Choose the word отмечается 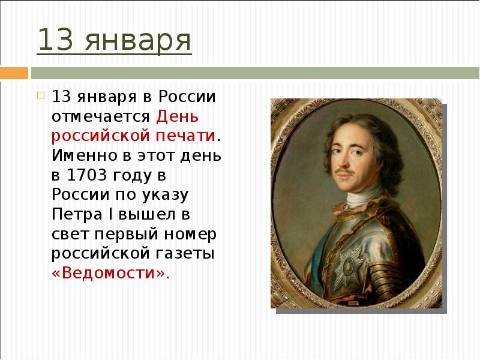pyautogui.click(x=102, y=116)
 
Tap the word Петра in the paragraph pyautogui.click(x=73, y=214)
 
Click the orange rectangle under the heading pyautogui.click(x=14, y=73)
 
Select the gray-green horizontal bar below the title pyautogui.click(x=252, y=73)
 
